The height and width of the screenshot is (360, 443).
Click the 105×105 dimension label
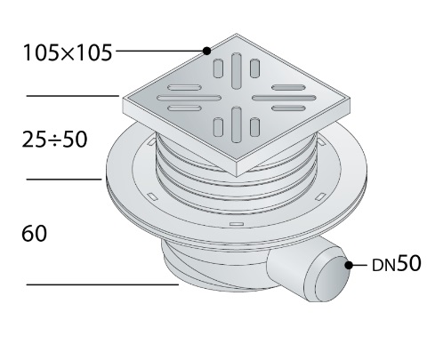pos(68,52)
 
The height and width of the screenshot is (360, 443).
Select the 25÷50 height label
pos(54,140)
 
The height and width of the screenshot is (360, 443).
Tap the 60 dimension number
pos(34,234)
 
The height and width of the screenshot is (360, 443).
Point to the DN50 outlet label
pos(396,263)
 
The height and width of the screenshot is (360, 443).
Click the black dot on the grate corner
pos(207,51)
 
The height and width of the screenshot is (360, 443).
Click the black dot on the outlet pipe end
pos(349,265)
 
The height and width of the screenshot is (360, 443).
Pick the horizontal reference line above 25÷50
pos(73,96)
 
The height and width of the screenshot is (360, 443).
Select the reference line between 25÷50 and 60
pos(64,179)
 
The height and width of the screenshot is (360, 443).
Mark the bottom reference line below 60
pos(102,284)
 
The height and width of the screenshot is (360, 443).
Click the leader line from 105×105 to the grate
pos(159,51)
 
